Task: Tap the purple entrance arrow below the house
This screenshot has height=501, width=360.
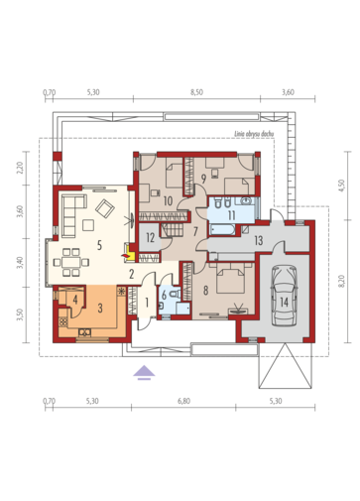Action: (144, 373)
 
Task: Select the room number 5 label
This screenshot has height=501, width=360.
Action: (99, 245)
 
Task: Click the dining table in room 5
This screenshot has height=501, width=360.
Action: (71, 262)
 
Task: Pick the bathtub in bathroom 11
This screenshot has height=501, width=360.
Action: (222, 229)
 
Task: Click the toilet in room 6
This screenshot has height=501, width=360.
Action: (175, 294)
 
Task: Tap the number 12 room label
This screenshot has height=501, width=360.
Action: (151, 237)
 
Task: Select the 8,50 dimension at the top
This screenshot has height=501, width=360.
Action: (196, 92)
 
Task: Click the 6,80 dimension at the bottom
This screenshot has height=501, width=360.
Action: (184, 401)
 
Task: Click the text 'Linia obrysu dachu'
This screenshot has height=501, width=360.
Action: (254, 134)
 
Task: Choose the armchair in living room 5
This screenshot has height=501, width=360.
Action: (105, 208)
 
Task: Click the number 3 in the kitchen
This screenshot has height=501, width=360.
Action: (100, 308)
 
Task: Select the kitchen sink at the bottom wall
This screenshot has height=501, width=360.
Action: (84, 332)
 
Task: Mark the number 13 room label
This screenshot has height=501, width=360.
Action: (259, 240)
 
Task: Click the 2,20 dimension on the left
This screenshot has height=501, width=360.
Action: (20, 168)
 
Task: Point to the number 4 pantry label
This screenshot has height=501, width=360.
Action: (75, 301)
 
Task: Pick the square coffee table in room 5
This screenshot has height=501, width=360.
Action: (88, 225)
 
